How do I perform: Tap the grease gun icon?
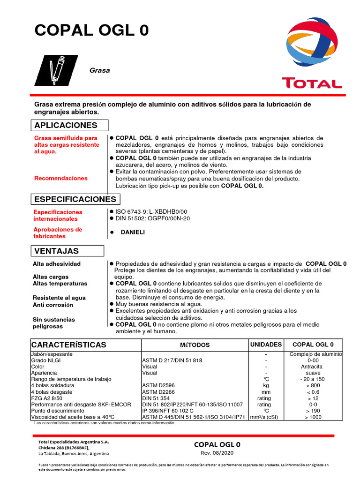point(57,70)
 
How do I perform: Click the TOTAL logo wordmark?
point(311,83)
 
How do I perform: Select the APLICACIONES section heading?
point(66,125)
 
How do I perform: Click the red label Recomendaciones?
point(60,178)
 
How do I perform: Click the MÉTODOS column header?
point(195,345)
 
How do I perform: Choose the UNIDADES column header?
point(266,345)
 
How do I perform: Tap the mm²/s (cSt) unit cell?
point(266,417)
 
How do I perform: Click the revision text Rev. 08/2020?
point(217,453)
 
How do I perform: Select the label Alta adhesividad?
point(57,264)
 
